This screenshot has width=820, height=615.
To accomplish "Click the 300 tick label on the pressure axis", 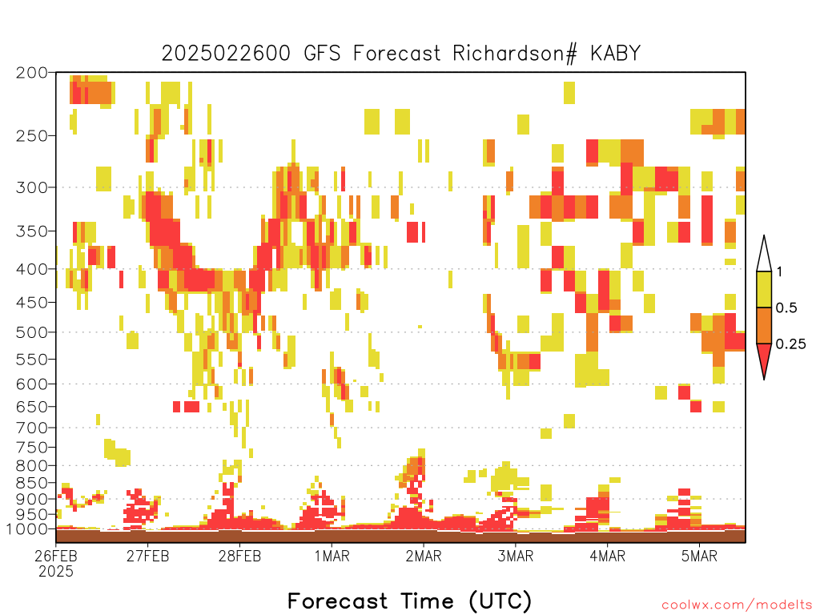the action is (31, 187).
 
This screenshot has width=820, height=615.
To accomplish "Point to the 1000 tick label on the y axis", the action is (26, 529).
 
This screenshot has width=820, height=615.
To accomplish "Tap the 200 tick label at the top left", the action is (31, 73).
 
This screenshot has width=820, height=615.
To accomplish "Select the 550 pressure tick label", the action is (31, 360).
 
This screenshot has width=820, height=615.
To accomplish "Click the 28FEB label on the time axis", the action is (239, 556).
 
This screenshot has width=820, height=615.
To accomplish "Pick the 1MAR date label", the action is (332, 556).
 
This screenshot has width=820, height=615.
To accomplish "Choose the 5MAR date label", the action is (699, 556).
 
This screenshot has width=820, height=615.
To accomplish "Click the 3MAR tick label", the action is (515, 556).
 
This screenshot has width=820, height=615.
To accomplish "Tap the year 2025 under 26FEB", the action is (56, 572).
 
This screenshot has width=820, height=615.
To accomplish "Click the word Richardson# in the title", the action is (515, 54).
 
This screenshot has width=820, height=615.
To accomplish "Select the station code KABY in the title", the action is (616, 54).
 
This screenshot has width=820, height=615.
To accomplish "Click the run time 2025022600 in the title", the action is (226, 54).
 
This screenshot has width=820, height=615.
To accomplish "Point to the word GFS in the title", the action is (322, 54).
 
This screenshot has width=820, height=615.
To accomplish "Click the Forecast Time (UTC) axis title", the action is (409, 601).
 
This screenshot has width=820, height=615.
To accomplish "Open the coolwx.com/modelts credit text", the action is (737, 605).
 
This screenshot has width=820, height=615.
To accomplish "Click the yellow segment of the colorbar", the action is (764, 289).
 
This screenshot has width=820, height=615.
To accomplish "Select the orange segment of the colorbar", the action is (764, 325).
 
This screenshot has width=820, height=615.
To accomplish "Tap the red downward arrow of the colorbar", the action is (764, 358).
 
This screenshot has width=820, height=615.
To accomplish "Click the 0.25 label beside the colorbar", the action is (790, 344).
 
